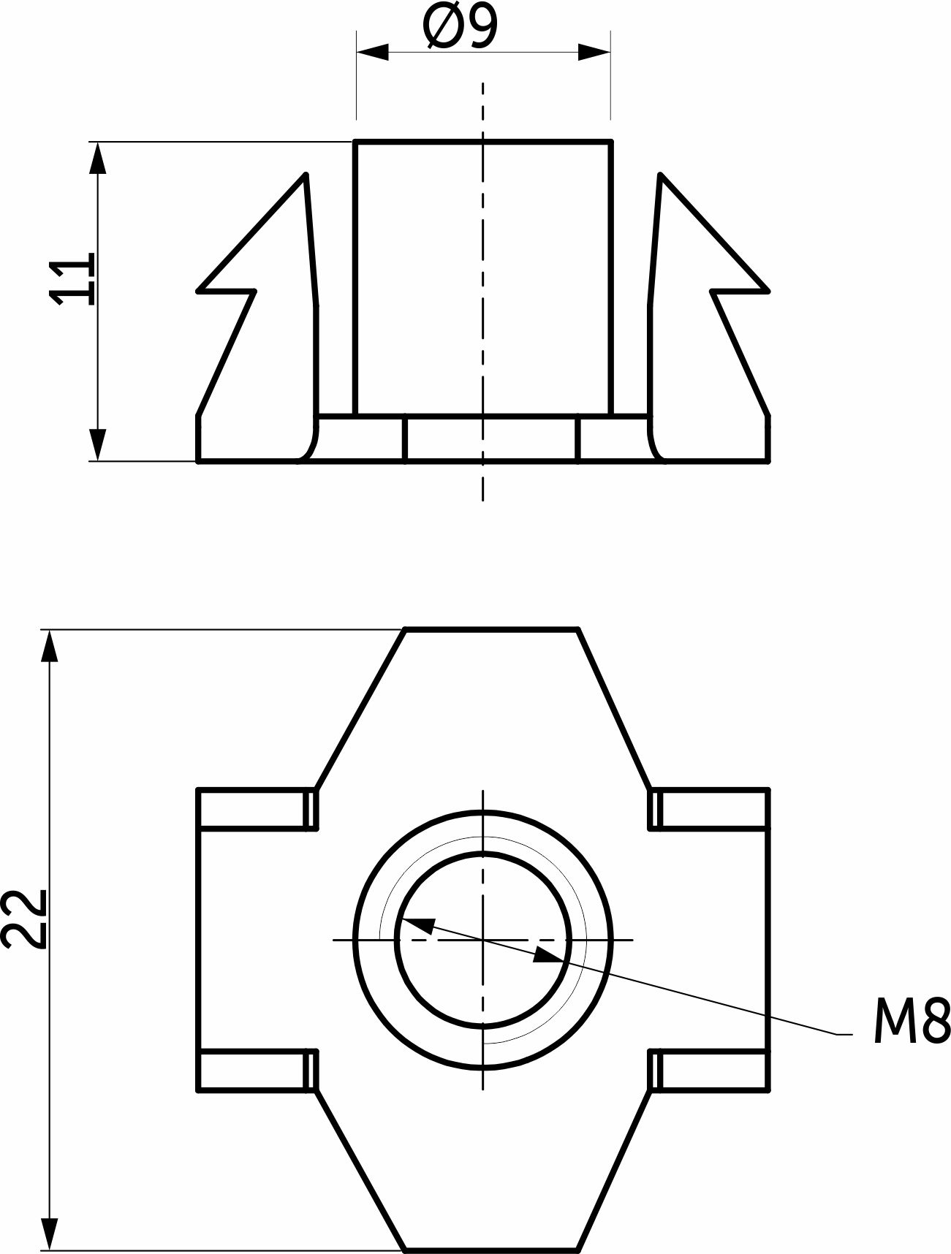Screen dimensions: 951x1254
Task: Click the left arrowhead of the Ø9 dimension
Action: (x=372, y=52)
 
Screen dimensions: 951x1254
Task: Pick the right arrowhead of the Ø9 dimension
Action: (x=594, y=52)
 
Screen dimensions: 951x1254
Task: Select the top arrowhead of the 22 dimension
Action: (x=50, y=646)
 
